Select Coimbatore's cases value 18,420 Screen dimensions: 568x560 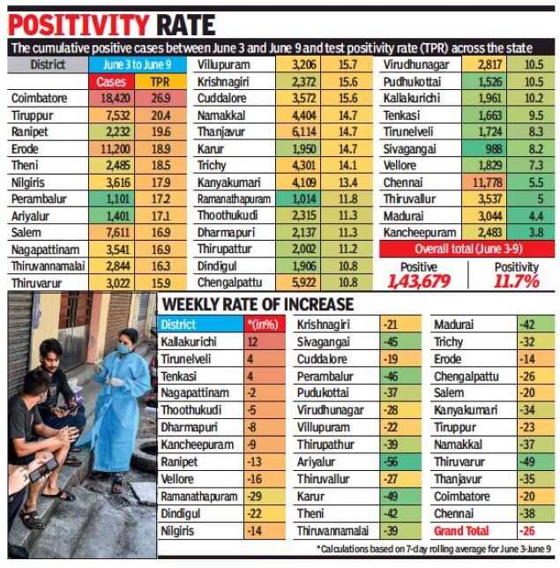click(x=111, y=99)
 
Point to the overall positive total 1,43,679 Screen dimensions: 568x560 click(x=419, y=280)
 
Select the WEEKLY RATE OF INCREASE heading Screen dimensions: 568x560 click(x=257, y=304)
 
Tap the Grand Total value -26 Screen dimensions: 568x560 click(x=530, y=530)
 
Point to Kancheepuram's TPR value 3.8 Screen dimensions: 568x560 click(x=534, y=232)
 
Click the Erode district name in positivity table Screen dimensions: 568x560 click(x=26, y=150)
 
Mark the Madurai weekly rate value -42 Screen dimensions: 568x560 click(x=530, y=325)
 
